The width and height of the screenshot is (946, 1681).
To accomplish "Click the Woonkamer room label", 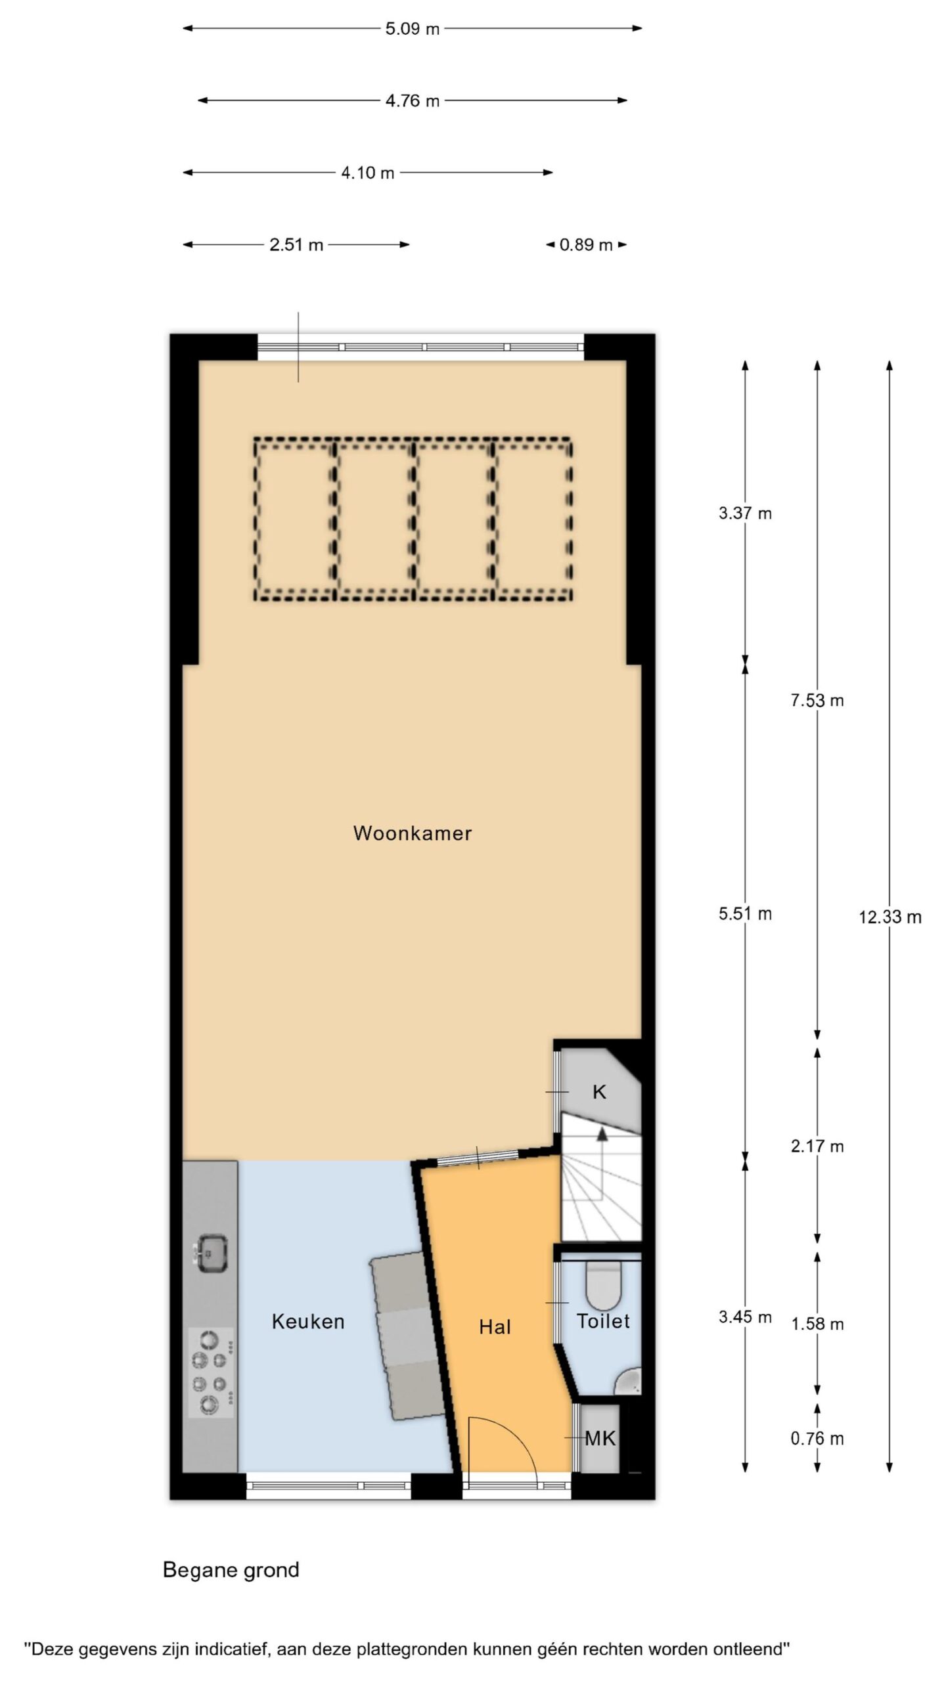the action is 413,833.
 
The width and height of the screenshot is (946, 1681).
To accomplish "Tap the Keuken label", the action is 308,1321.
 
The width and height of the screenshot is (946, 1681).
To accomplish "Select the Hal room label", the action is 495,1327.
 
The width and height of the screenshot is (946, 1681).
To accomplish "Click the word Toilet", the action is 603,1321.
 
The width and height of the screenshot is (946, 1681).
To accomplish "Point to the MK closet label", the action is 600,1439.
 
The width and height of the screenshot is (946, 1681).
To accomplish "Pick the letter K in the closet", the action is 599,1092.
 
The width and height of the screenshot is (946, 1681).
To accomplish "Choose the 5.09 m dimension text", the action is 413,29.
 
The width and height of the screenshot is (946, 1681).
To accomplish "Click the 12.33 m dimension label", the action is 890,917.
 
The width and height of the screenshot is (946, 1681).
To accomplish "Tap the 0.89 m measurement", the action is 586,245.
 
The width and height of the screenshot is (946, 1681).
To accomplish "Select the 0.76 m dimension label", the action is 817,1439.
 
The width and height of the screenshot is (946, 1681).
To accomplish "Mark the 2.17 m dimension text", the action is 817,1146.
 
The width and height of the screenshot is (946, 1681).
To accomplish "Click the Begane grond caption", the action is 231,1570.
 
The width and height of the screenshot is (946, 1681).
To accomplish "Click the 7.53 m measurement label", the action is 817,701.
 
